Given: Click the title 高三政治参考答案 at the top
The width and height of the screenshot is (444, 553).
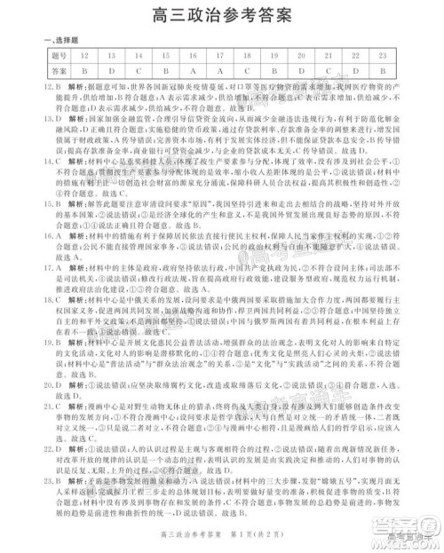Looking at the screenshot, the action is point(222,14).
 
